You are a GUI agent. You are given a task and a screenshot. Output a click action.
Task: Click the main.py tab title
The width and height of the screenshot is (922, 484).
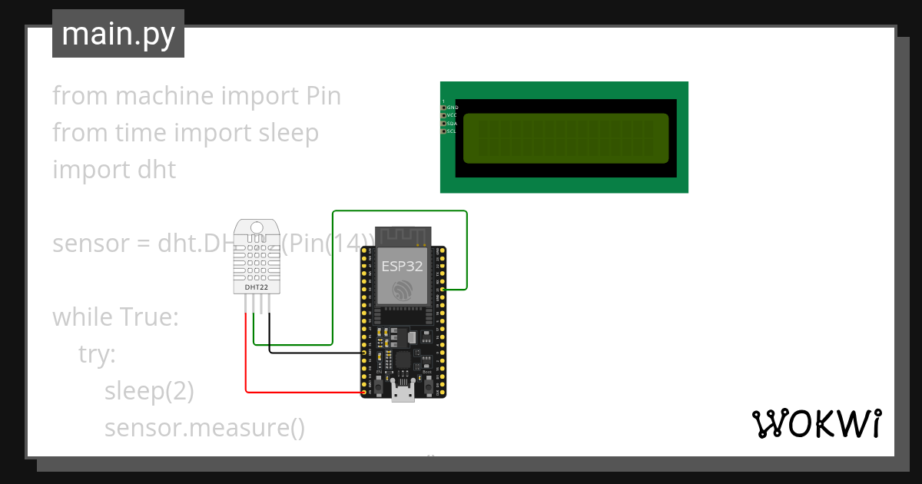[x=118, y=34]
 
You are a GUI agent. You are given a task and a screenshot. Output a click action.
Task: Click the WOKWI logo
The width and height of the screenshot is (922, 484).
[x=815, y=423]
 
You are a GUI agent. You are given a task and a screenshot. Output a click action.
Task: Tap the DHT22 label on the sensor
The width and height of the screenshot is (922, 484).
[x=257, y=287]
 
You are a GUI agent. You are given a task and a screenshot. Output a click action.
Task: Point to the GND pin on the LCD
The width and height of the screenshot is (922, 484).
[x=443, y=108]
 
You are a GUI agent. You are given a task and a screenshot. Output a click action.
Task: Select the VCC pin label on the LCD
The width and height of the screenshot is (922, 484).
[x=452, y=115]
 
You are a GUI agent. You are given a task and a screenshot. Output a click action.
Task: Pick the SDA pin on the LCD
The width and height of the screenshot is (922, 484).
[x=443, y=123]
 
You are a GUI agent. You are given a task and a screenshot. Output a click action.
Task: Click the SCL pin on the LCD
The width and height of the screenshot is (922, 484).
[x=443, y=131]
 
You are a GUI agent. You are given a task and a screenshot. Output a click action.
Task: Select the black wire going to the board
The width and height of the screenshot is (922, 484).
[x=315, y=352]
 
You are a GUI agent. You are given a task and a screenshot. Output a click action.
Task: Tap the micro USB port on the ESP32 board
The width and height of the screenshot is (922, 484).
[x=403, y=393]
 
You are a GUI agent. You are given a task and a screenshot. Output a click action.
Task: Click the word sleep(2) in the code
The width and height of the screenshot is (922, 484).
[x=149, y=391]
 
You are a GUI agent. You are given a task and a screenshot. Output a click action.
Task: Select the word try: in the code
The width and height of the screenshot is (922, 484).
[x=97, y=354]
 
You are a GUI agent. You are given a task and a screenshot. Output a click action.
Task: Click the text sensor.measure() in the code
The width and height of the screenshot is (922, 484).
[x=204, y=428]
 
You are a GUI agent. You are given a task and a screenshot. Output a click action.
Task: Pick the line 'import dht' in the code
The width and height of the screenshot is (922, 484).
[x=114, y=169]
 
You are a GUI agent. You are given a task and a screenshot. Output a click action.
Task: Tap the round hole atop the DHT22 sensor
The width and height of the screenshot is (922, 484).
[x=257, y=227]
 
